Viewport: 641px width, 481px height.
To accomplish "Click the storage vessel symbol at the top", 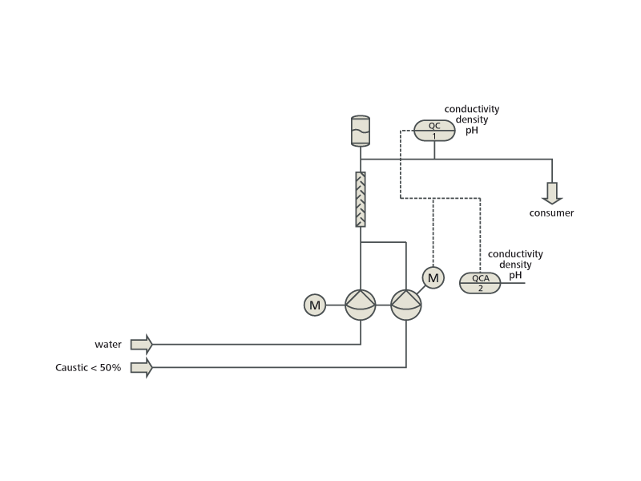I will tap(361, 130).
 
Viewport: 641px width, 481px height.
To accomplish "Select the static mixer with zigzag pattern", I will tap(361, 199).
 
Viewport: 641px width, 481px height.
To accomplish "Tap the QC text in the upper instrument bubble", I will tap(434, 125).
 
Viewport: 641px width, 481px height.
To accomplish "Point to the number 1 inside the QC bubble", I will tap(434, 135).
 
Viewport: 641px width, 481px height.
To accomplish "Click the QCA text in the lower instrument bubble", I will tap(480, 278).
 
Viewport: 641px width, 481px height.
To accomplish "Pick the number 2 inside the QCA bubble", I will tap(480, 288).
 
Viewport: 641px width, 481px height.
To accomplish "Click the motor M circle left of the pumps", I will tap(315, 305).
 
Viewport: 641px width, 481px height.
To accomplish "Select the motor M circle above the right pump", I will tap(433, 278).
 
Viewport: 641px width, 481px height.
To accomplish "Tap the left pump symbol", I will tap(361, 305).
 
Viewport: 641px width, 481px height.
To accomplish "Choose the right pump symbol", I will tap(406, 305).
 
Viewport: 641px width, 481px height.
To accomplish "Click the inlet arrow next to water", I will tap(142, 344).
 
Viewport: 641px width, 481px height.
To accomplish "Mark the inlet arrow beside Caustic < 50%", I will tap(142, 368).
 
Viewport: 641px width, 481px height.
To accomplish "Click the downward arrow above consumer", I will tap(552, 193).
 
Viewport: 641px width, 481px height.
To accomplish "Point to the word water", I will tap(108, 345).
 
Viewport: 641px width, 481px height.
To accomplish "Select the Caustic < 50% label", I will tap(87, 368).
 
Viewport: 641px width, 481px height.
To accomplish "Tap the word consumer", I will tap(551, 213).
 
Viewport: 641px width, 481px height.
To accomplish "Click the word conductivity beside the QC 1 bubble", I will tap(472, 109).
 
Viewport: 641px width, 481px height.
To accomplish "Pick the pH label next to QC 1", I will tap(472, 130).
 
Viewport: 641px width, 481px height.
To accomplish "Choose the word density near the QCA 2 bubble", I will tap(515, 265).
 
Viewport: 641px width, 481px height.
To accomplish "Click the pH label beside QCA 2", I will tap(515, 275).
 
